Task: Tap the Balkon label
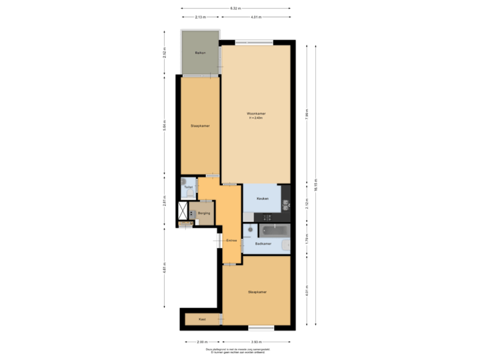pos(199,53)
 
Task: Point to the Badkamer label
pos(263,244)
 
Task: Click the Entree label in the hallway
pos(231,240)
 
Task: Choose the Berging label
pos(204,213)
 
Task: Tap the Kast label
pos(202,320)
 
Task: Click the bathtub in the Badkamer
pos(274,231)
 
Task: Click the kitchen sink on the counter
pos(263,216)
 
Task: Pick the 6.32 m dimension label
pos(235,8)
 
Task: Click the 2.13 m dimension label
pos(200,17)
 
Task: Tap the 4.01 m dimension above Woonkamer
pos(256,17)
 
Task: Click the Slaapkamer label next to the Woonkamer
pos(200,125)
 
